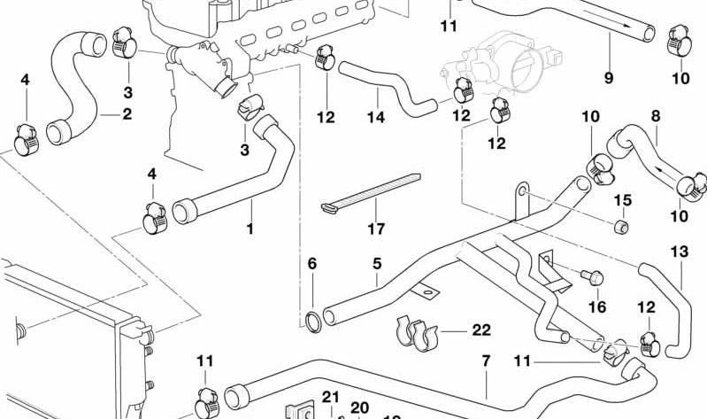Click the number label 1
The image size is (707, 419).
pyautogui.click(x=250, y=229)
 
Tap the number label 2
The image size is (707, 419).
pyautogui.click(x=127, y=113)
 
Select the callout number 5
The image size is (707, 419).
pyautogui.click(x=376, y=264)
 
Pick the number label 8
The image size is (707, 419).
pyautogui.click(x=656, y=115)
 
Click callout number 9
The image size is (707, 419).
pyautogui.click(x=609, y=78)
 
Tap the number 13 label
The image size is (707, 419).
pyautogui.click(x=679, y=252)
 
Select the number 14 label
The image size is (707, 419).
pyautogui.click(x=376, y=117)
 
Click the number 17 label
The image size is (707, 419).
pyautogui.click(x=376, y=229)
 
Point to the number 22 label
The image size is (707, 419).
pyautogui.click(x=480, y=330)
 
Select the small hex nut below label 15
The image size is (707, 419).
pyautogui.click(x=622, y=229)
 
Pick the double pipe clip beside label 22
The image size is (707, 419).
pyautogui.click(x=415, y=332)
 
